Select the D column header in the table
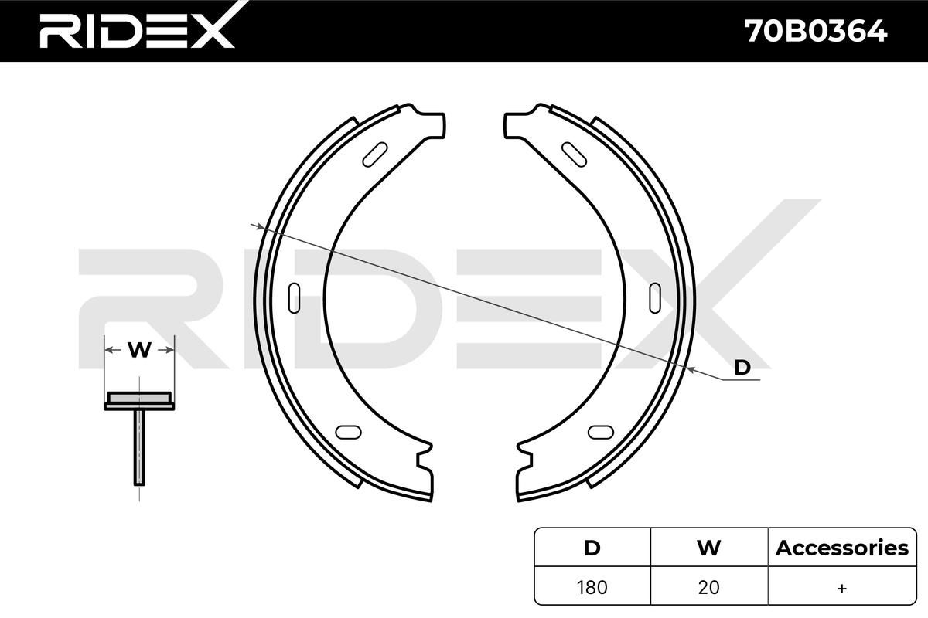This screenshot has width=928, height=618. coord(592,548)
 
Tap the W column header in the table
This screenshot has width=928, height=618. coord(709,548)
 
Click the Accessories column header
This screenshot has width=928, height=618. coord(842,548)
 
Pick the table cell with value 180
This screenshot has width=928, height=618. coord(592,587)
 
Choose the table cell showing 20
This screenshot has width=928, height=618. coord(708,587)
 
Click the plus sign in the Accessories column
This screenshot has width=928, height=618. coord(842,588)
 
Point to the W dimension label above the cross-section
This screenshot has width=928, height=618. coord(139,350)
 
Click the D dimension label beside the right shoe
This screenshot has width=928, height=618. coord(742,367)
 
